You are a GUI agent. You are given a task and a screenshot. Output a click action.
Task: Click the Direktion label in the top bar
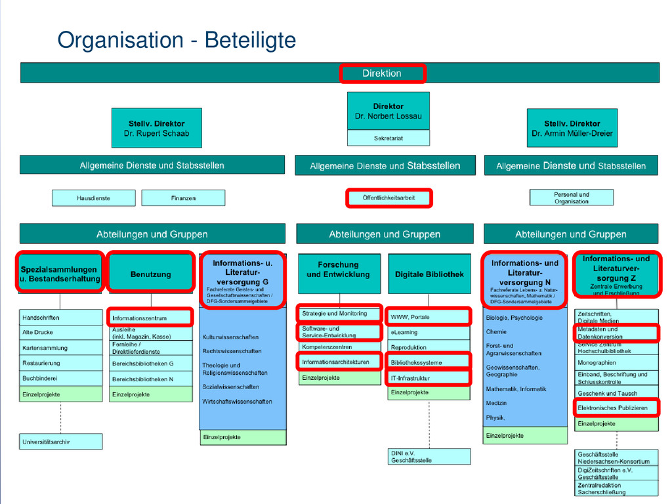click(382, 73)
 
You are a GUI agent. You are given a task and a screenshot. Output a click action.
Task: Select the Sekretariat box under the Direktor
click(388, 138)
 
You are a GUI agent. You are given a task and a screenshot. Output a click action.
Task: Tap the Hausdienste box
click(94, 198)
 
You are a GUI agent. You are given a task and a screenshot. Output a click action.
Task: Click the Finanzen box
click(183, 198)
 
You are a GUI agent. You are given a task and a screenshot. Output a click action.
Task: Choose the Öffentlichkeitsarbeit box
click(388, 198)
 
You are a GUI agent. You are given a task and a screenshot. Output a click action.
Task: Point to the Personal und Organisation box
click(571, 198)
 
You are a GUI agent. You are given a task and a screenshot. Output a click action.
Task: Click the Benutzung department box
click(151, 274)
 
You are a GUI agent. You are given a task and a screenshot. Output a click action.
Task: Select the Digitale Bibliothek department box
click(429, 274)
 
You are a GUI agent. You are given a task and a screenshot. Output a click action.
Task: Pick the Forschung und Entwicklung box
click(338, 270)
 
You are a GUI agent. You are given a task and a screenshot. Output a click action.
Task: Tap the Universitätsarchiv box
click(61, 442)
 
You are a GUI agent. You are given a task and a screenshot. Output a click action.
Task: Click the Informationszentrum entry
click(151, 318)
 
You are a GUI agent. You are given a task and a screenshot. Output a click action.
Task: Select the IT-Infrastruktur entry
click(429, 378)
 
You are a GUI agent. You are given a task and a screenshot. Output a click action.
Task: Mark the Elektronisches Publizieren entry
click(616, 408)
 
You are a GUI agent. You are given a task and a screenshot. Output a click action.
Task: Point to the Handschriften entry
click(61, 318)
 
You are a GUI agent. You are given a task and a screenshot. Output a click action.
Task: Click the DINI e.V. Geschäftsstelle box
click(429, 457)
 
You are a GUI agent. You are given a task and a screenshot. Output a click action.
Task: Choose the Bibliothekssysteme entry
click(429, 362)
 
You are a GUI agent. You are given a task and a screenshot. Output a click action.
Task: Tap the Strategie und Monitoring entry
click(339, 314)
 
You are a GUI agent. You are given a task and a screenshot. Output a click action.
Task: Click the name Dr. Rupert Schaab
click(156, 133)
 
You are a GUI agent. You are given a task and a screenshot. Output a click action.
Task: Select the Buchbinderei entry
click(61, 379)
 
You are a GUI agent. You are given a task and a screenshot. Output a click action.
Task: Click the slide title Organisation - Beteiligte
click(177, 41)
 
